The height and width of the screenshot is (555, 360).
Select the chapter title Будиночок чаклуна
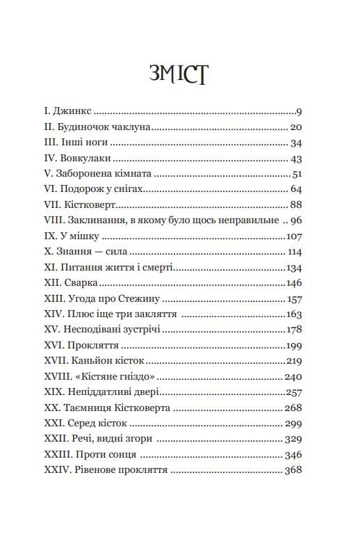(106, 127)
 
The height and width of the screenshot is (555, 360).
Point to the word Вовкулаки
(81, 159)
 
